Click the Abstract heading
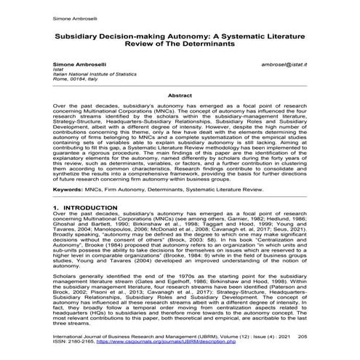pos(180,95)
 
